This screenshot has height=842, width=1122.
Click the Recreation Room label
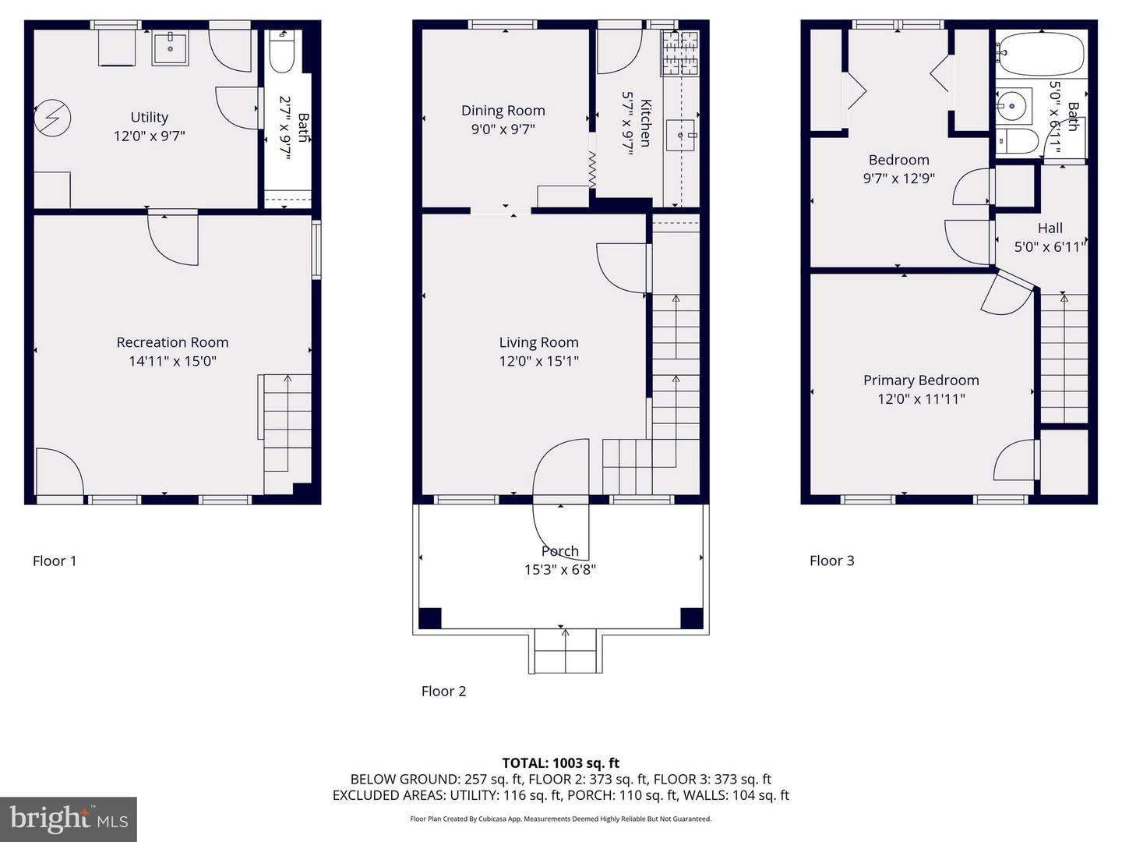pos(172,342)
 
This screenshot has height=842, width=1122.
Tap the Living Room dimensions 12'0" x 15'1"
pos(538,361)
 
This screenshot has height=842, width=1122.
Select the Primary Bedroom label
pos(921,380)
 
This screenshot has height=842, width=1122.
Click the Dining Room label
pos(503,111)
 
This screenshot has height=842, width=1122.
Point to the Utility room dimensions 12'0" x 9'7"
pos(150,136)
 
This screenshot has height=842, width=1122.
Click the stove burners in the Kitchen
pos(680,54)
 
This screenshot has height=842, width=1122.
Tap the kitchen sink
pos(681,136)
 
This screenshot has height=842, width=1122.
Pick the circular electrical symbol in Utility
pos(52,118)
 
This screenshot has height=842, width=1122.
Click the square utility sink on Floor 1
pos(170,48)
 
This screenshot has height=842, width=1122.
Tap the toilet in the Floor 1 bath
pos(281,52)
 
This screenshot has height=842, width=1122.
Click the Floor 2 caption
pos(443,692)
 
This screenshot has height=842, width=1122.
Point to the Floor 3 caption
pos(831,561)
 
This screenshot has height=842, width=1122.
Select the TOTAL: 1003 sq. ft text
pos(561,763)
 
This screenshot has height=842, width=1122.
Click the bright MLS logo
pos(69,819)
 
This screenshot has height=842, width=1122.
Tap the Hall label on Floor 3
pos(1050,228)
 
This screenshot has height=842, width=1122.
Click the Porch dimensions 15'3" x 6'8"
pos(560,569)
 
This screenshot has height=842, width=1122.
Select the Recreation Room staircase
pos(284,434)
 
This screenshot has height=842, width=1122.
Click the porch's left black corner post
pos(430,618)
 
